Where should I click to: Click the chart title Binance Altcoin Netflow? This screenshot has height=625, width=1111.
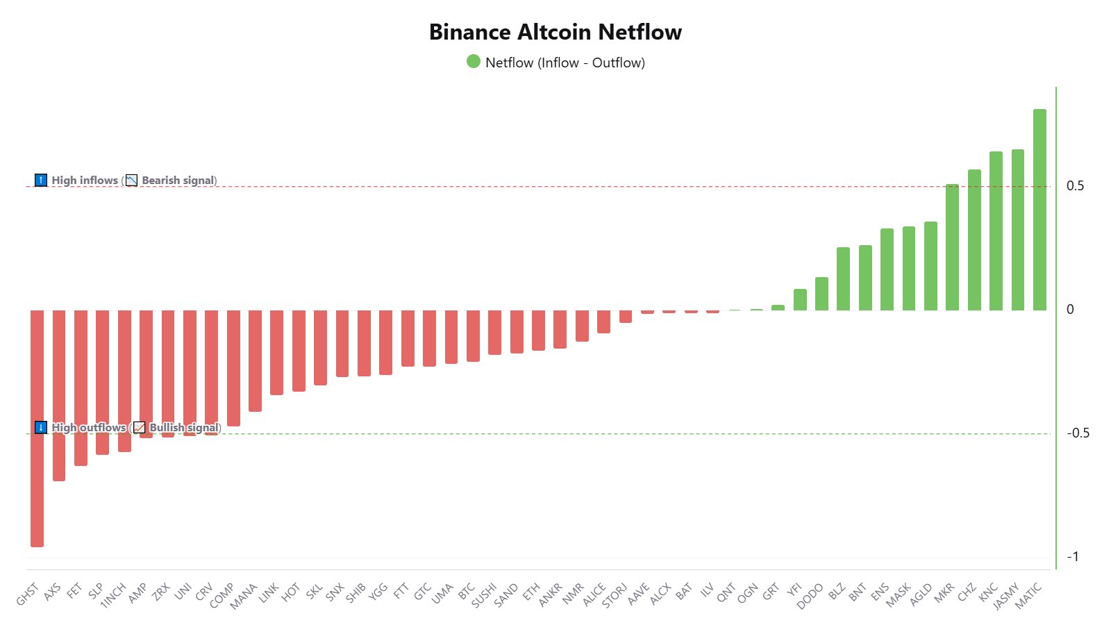point(555,32)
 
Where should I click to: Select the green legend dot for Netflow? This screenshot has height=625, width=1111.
point(474,62)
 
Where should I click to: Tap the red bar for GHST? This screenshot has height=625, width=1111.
point(37,428)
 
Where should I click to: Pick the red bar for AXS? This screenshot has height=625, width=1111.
point(59,395)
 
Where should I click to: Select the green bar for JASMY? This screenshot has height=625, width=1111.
point(1018,230)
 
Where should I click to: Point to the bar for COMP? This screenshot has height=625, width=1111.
point(233,368)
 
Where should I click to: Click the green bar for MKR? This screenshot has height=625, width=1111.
point(952,247)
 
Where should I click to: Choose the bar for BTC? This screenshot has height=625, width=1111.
point(473,335)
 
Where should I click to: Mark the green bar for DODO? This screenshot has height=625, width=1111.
point(821,294)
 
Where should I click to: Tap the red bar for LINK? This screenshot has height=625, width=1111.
point(276,352)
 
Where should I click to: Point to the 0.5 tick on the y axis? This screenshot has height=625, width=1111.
point(1075,185)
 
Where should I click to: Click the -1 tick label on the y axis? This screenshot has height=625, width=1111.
point(1073,556)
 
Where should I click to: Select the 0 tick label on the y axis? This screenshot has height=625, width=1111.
point(1070,309)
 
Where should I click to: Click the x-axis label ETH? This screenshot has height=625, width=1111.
point(531,592)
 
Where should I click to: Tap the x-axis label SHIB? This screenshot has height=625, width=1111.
point(356,592)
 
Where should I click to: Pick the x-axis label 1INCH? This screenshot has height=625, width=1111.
point(113,596)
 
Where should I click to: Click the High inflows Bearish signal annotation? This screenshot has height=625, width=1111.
point(126,181)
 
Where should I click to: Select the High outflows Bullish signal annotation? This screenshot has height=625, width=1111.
point(128,428)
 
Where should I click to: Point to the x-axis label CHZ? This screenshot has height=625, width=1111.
point(967,592)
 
